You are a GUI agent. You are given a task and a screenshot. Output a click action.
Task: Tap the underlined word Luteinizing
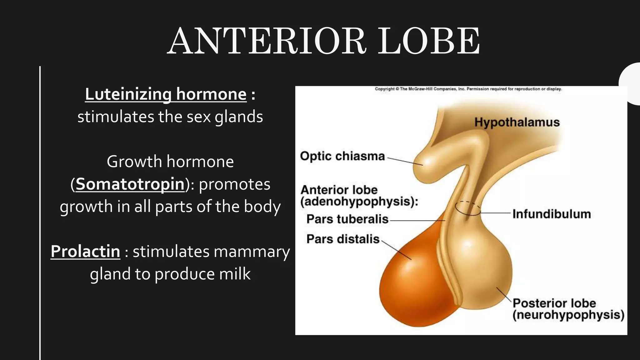(128, 94)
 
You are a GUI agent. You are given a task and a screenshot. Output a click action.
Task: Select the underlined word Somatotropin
(130, 184)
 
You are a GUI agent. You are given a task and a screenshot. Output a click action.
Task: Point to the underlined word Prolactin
(85, 251)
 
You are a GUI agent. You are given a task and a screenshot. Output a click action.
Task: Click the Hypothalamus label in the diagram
(517, 122)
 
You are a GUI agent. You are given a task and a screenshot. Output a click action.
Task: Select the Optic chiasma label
(342, 156)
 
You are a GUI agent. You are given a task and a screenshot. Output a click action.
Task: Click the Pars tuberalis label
(347, 219)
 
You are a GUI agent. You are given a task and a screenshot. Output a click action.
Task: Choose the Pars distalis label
(343, 239)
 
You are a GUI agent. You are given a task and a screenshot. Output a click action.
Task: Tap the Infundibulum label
(552, 214)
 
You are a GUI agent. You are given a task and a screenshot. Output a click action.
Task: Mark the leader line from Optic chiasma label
(405, 161)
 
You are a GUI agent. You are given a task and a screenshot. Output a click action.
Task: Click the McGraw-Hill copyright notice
(468, 89)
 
